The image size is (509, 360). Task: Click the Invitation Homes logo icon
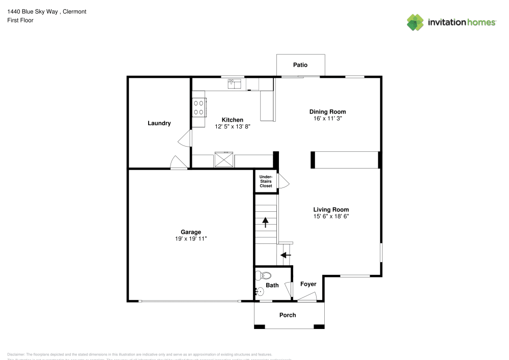click(x=415, y=22)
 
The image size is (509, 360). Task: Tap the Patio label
click(x=300, y=65)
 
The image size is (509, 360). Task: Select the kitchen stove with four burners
click(x=199, y=107)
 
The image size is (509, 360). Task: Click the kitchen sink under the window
click(x=234, y=84)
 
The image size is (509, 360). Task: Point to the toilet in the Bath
click(x=263, y=275)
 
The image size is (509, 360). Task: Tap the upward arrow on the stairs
click(x=265, y=223)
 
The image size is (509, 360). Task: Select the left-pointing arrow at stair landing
click(x=286, y=254)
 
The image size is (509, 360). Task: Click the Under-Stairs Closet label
click(x=266, y=181)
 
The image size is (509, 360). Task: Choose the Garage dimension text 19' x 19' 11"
click(x=191, y=239)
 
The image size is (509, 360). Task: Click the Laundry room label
click(x=159, y=123)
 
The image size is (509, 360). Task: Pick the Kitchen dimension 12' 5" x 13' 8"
click(x=232, y=127)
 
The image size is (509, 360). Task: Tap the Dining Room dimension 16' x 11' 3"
click(x=328, y=119)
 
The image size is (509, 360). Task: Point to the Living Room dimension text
click(x=331, y=216)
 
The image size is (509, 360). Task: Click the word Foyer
click(x=308, y=284)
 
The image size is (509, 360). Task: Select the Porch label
click(x=288, y=315)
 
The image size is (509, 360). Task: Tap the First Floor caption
click(x=20, y=20)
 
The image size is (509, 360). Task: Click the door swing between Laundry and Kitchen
click(x=185, y=139)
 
